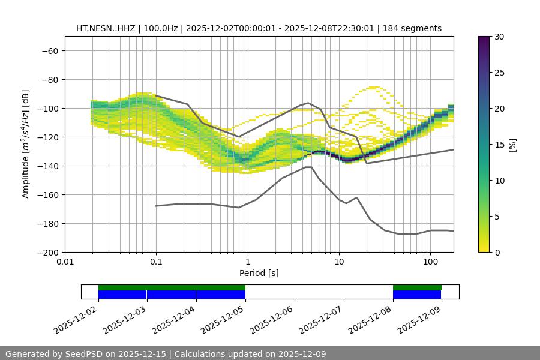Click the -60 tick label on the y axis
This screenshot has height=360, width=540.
[x=50, y=51]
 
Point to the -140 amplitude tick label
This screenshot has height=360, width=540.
[x=47, y=166]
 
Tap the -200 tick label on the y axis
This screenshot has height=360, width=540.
[x=47, y=253]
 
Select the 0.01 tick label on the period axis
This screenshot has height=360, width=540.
[x=65, y=262]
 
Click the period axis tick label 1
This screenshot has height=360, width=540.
[x=248, y=262]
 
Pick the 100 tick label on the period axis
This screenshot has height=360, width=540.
[x=430, y=262]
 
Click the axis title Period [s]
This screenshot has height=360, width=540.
[x=259, y=273]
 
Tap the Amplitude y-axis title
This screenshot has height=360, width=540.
[x=26, y=145]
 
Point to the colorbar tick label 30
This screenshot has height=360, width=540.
[x=499, y=37]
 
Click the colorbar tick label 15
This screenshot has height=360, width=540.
[x=499, y=145]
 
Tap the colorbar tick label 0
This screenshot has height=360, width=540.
[x=496, y=253]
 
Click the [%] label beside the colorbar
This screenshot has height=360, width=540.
[x=513, y=145]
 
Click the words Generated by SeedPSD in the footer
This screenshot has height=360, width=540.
[x=56, y=354]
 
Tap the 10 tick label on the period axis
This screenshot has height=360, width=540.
[x=339, y=262]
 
